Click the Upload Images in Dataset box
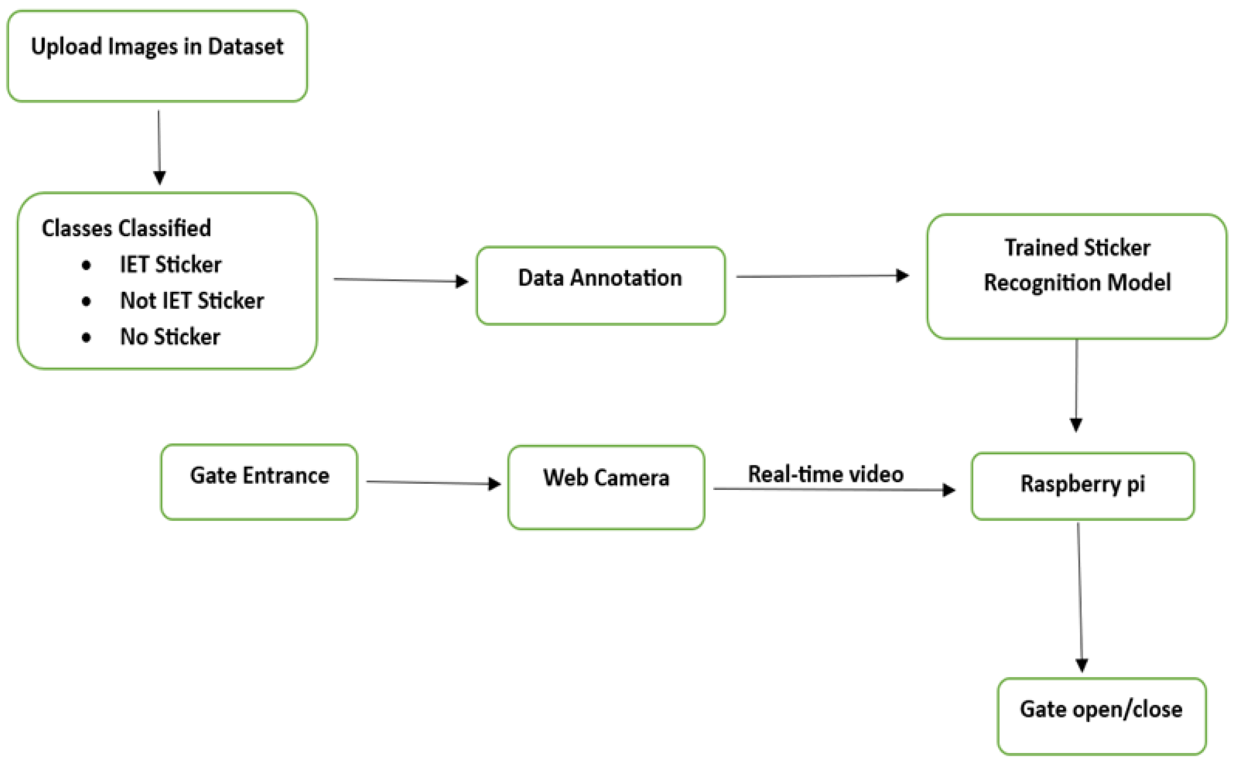pyautogui.click(x=157, y=56)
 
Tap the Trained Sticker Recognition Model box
pyautogui.click(x=1077, y=276)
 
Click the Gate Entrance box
pyautogui.click(x=259, y=482)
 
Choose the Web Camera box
pyautogui.click(x=606, y=487)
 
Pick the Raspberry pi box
pyautogui.click(x=1083, y=486)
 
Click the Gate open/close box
pyautogui.click(x=1101, y=715)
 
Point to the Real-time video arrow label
pyautogui.click(x=826, y=474)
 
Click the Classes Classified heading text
pyautogui.click(x=126, y=228)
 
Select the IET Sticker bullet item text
pyautogui.click(x=171, y=264)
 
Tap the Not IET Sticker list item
pyautogui.click(x=192, y=301)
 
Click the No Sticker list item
pyautogui.click(x=170, y=337)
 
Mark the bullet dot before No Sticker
pyautogui.click(x=86, y=338)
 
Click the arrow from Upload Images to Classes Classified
pyautogui.click(x=159, y=147)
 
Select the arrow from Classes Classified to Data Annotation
pyautogui.click(x=400, y=280)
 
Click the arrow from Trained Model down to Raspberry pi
pyautogui.click(x=1076, y=385)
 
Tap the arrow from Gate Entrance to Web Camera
pyautogui.click(x=432, y=483)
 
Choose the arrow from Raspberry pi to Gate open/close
pyautogui.click(x=1080, y=597)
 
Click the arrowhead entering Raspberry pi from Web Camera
pyautogui.click(x=948, y=490)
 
